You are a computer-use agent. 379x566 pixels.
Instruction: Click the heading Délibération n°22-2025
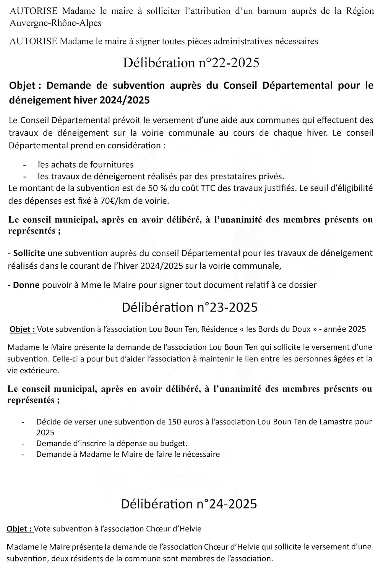click(191, 63)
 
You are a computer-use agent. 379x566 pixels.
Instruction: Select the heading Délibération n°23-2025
click(190, 307)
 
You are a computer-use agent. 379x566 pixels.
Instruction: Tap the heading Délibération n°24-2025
click(189, 504)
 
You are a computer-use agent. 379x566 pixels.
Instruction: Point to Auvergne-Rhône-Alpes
click(55, 23)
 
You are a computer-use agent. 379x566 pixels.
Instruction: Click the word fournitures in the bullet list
click(112, 164)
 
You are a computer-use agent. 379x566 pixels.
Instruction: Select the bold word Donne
click(26, 285)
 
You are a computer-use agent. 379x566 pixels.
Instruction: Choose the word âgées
click(349, 359)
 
